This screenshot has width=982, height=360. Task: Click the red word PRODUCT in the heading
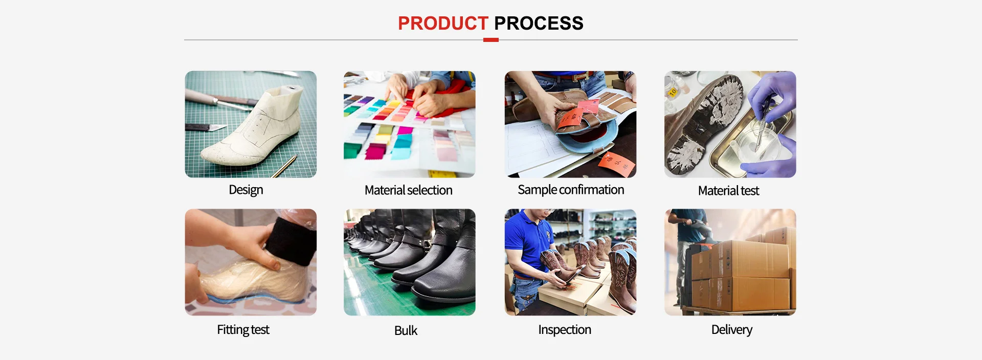(x=443, y=23)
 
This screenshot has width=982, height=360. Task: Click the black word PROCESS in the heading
(x=539, y=23)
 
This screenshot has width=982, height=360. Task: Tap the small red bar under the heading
(x=491, y=40)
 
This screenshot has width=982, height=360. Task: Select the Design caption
(x=246, y=190)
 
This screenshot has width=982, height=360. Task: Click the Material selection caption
(x=409, y=190)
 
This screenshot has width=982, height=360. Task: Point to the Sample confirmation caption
(x=571, y=190)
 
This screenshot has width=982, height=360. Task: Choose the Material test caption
(x=729, y=191)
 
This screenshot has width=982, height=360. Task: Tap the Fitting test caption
(x=243, y=330)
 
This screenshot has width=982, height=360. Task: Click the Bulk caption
(x=406, y=331)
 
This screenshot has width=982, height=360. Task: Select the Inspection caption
(x=565, y=330)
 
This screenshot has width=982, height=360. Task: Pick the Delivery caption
(x=732, y=330)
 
